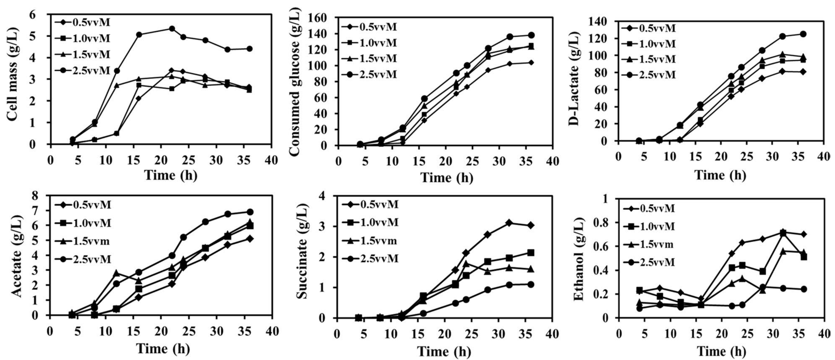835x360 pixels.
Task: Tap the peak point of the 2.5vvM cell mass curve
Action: (172, 29)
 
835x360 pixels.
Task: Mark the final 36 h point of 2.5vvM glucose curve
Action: (531, 35)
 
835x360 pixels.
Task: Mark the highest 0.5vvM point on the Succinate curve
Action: (509, 223)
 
